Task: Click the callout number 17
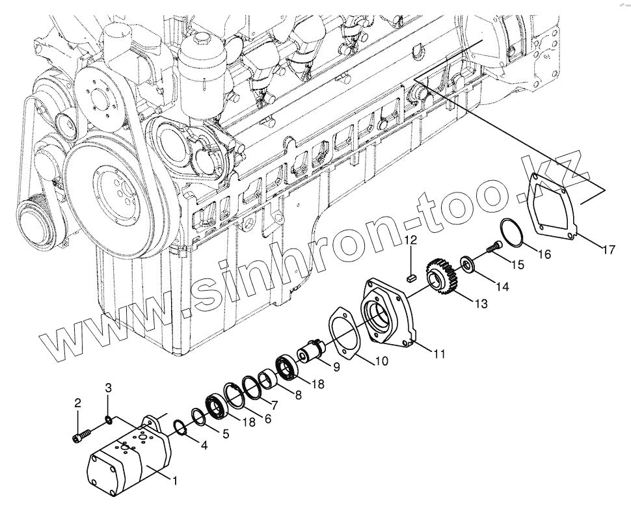pyautogui.click(x=608, y=248)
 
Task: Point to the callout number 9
pyautogui.click(x=336, y=368)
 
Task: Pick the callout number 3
pyautogui.click(x=109, y=388)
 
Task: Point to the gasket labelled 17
pyautogui.click(x=553, y=202)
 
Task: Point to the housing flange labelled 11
pyautogui.click(x=384, y=312)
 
